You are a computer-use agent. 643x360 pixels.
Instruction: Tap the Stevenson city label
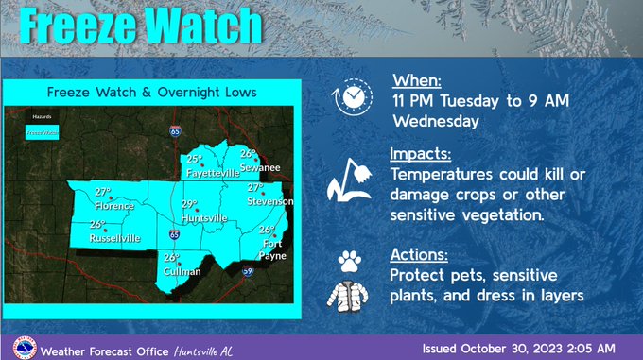coord(270,201)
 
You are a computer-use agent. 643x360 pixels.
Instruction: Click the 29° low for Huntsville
coord(189,204)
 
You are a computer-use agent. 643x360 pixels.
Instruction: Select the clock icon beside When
coord(349,96)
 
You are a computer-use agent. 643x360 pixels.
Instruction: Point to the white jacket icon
coord(352,291)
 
